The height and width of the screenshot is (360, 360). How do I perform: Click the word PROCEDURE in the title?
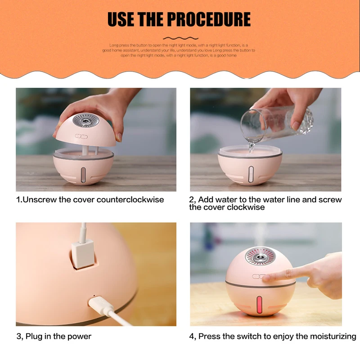tap(209, 19)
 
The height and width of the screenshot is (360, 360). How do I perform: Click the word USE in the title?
tap(121, 19)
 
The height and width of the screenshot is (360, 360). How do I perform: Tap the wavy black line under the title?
tap(180, 38)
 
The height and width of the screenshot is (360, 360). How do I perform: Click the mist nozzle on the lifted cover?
tap(83, 123)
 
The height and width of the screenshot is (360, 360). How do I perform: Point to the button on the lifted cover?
tap(82, 136)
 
